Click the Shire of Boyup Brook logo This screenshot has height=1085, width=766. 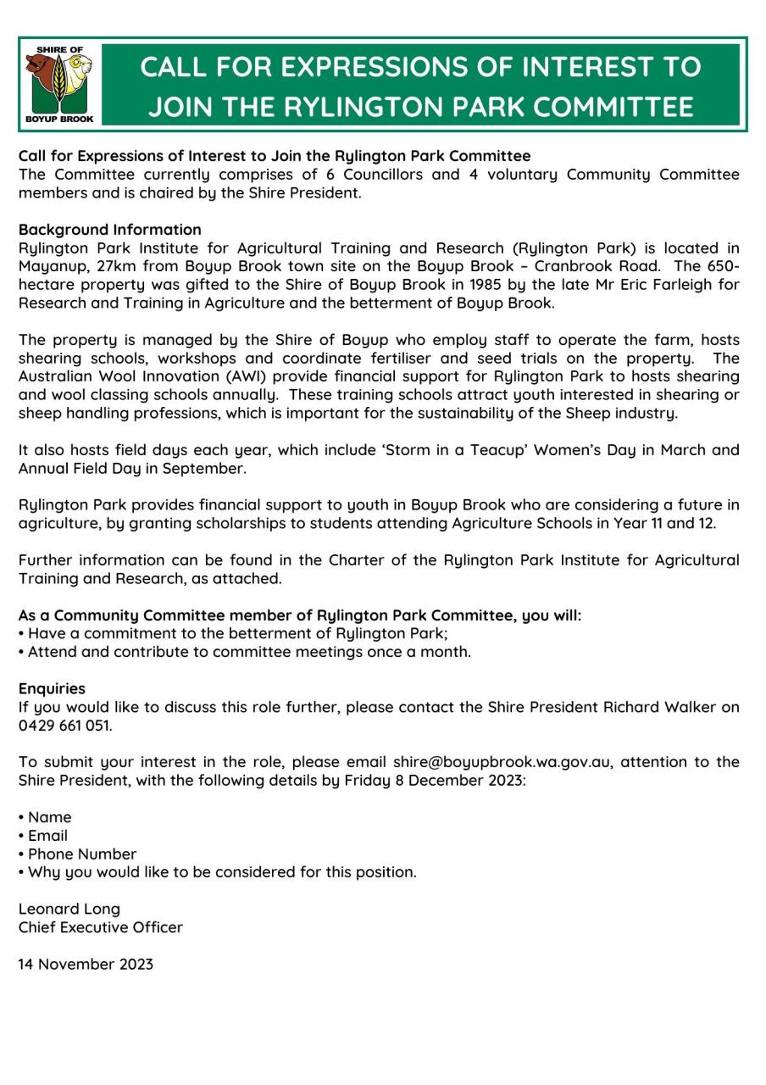pyautogui.click(x=58, y=84)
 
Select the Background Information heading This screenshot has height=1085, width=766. pyautogui.click(x=110, y=230)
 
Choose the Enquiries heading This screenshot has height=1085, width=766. pyautogui.click(x=52, y=689)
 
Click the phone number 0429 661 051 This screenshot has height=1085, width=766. pyautogui.click(x=64, y=726)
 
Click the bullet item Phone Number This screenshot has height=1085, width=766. pyautogui.click(x=82, y=854)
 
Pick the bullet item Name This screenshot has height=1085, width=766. pyautogui.click(x=50, y=817)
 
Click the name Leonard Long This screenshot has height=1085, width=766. pyautogui.click(x=69, y=909)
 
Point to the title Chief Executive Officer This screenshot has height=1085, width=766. pyautogui.click(x=101, y=927)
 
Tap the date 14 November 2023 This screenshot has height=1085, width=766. pyautogui.click(x=86, y=965)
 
